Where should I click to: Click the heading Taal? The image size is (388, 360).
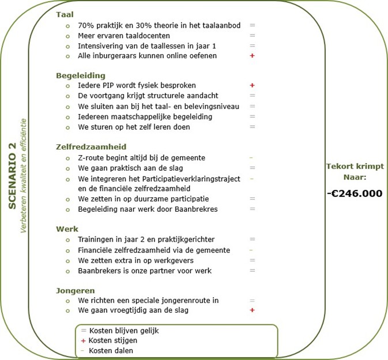(x=65, y=14)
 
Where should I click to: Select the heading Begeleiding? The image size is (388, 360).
(x=80, y=75)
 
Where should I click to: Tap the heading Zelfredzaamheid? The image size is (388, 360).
(x=91, y=147)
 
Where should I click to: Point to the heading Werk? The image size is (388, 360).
(x=67, y=228)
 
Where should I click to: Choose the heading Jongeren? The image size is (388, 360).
(x=75, y=290)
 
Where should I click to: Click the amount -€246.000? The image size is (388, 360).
(x=354, y=193)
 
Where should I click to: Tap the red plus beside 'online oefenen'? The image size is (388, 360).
(x=252, y=56)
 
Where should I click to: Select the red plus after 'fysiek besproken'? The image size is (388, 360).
(x=252, y=85)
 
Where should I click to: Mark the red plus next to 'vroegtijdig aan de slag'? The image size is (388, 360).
(x=252, y=310)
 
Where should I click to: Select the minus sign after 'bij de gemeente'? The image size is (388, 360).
(x=251, y=157)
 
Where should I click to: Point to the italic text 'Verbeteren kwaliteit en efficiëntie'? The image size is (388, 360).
(x=24, y=176)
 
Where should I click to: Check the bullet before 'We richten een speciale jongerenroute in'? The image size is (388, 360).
(x=67, y=301)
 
